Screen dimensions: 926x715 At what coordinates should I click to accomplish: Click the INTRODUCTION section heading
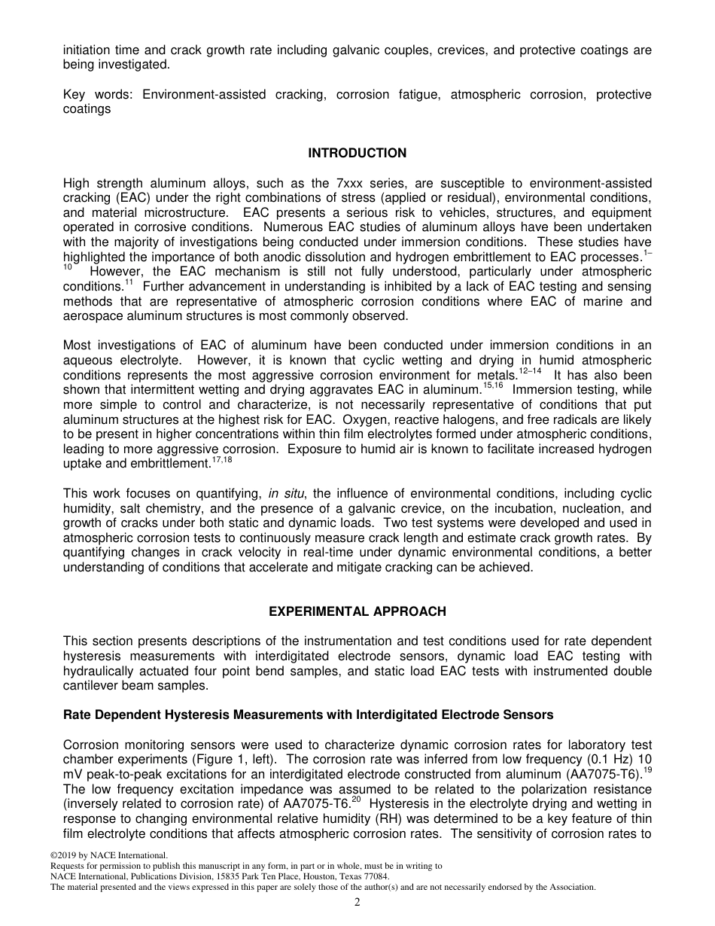click(357, 153)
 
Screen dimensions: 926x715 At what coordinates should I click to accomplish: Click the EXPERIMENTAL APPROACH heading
click(357, 611)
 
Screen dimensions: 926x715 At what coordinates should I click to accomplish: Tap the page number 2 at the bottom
click(357, 903)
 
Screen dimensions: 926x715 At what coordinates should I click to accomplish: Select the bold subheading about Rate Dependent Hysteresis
click(308, 714)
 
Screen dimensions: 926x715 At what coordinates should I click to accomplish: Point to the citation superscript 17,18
click(222, 459)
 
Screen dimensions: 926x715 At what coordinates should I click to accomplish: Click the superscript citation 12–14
click(530, 371)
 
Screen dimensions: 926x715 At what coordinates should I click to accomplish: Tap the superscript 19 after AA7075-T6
click(647, 770)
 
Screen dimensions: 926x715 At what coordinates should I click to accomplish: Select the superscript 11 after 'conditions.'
click(129, 283)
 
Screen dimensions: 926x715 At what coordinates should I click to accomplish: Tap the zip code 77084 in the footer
click(376, 876)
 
